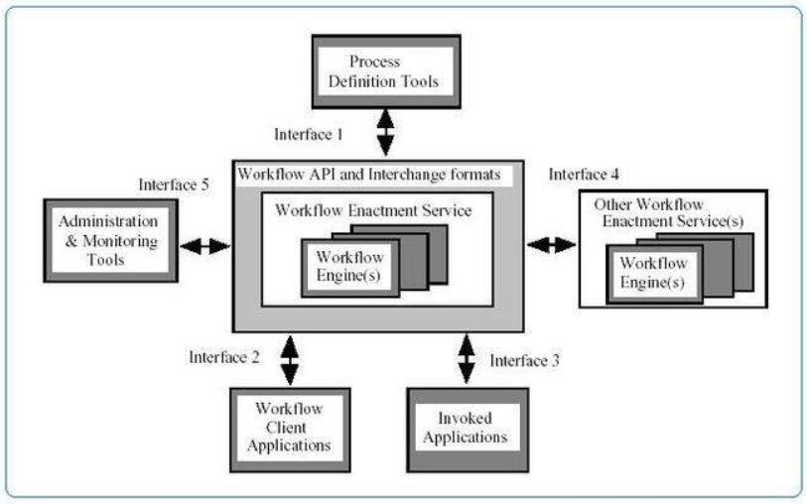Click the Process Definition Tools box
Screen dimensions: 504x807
tap(386, 71)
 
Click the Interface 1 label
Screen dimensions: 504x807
tap(308, 132)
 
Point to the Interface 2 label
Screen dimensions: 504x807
tap(225, 355)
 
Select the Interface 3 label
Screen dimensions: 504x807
tap(524, 360)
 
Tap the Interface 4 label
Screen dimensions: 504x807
tap(584, 175)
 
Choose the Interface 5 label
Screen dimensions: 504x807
tap(173, 184)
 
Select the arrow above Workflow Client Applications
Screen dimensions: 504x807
tap(289, 358)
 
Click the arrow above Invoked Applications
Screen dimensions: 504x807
tap(466, 358)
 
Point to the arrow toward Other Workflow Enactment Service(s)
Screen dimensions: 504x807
tap(552, 244)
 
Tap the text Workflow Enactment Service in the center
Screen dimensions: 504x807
tap(373, 209)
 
